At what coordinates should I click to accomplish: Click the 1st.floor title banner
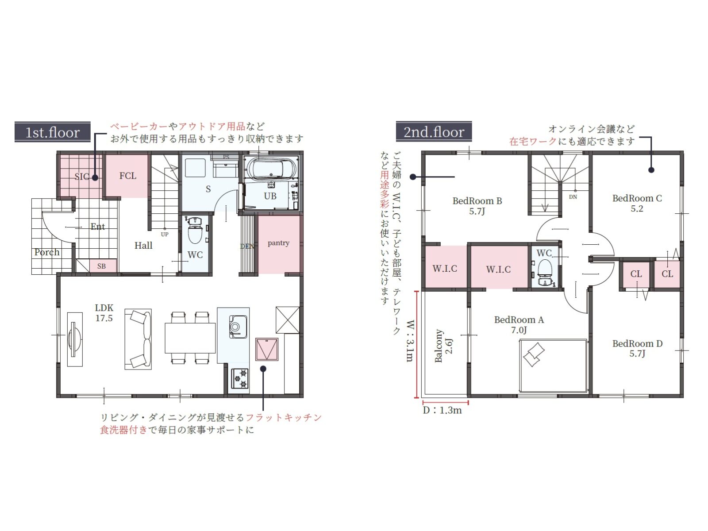(53, 132)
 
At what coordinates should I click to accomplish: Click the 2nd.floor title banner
(434, 131)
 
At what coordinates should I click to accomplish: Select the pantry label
(278, 243)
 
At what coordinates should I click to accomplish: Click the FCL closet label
(128, 176)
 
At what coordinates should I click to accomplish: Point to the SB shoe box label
(101, 266)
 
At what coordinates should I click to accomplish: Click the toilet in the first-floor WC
(195, 230)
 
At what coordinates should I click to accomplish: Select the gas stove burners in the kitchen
(240, 378)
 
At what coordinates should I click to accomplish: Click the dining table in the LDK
(190, 338)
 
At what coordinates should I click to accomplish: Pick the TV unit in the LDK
(74, 339)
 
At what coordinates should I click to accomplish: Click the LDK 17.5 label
(104, 313)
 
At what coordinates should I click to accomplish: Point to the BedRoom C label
(637, 203)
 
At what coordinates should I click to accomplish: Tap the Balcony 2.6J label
(443, 346)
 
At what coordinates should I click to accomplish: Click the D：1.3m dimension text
(442, 411)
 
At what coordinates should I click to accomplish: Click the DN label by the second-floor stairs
(573, 196)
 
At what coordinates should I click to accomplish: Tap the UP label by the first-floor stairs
(165, 235)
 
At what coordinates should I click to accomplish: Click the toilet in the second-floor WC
(545, 273)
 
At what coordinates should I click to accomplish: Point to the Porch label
(47, 252)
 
